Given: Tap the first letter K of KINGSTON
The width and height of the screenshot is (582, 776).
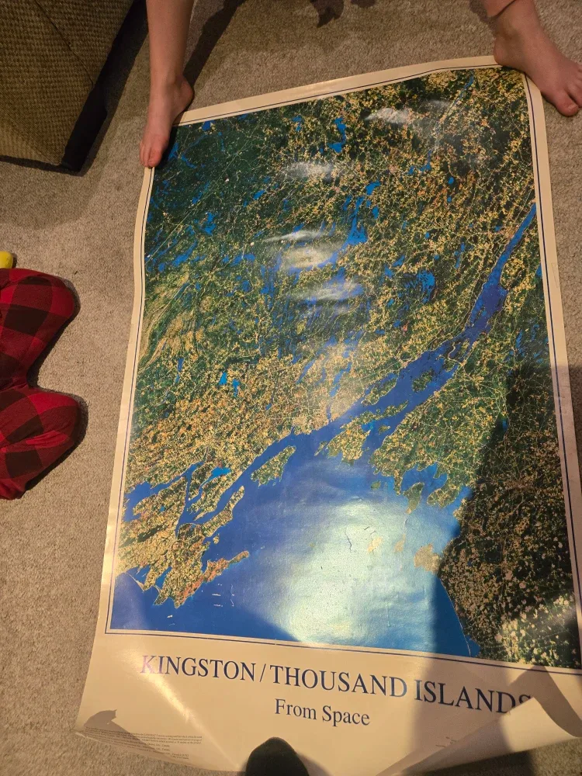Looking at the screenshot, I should pyautogui.click(x=148, y=663).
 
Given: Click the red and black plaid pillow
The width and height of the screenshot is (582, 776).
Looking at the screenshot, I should pyautogui.click(x=35, y=372).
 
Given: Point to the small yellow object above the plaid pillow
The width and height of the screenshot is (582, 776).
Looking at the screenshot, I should pyautogui.click(x=4, y=259).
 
